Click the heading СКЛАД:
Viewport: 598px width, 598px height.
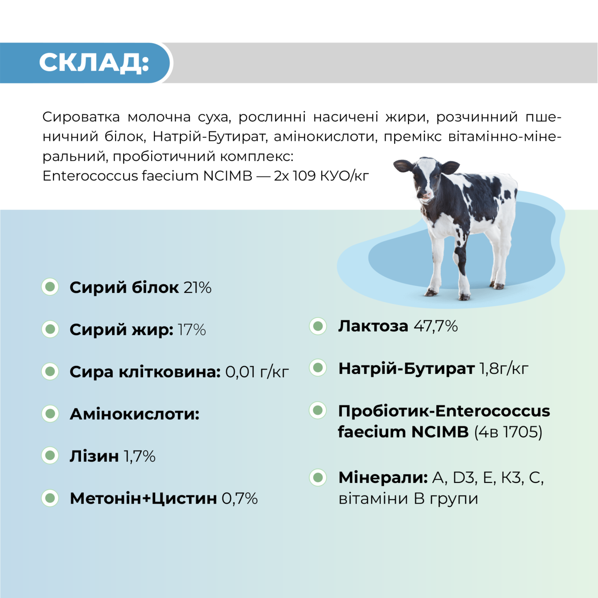94,63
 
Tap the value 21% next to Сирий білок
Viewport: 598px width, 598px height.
198,288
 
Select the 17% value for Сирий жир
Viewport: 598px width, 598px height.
192,330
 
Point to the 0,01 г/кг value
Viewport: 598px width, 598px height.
256,372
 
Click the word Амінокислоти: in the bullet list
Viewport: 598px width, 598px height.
134,414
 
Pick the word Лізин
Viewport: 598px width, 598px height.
94,456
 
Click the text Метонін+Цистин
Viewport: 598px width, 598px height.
143,499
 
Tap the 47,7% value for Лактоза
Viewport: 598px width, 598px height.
436,326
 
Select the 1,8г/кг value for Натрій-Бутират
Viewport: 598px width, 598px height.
504,369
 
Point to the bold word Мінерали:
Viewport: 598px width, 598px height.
382,477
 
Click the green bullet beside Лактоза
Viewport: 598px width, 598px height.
318,326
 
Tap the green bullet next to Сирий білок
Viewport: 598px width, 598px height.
50,287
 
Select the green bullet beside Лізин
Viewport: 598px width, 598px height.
50,456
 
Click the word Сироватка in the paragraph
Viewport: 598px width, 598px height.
81,117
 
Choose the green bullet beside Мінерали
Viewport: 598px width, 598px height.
318,477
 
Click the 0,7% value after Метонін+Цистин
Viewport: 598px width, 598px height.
239,499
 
